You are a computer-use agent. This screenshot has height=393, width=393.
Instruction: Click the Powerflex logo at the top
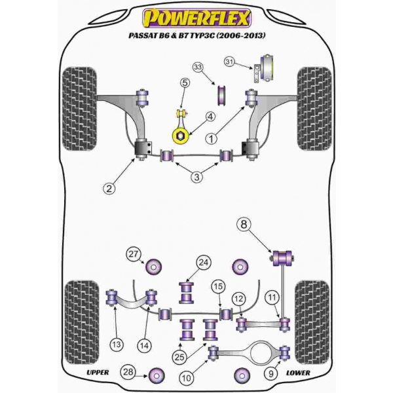pyautogui.click(x=196, y=18)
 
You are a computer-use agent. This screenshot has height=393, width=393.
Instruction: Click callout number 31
pyautogui.click(x=229, y=62)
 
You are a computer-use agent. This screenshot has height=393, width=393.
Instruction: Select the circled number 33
pyautogui.click(x=198, y=67)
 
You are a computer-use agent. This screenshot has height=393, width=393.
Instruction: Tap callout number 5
pyautogui.click(x=185, y=83)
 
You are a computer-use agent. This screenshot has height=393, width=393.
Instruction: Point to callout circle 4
pyautogui.click(x=210, y=117)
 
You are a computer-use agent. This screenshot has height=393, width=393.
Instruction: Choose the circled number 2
pyautogui.click(x=109, y=188)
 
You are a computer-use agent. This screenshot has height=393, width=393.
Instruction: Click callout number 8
pyautogui.click(x=244, y=224)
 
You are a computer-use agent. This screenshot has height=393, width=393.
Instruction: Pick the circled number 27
pyautogui.click(x=133, y=254)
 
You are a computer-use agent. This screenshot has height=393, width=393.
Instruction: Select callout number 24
pyautogui.click(x=203, y=263)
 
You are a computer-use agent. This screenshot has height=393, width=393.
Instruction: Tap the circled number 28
pyautogui.click(x=128, y=372)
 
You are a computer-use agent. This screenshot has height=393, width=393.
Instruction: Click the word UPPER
pyautogui.click(x=98, y=373)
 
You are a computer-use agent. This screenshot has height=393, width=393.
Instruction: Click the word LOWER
pyautogui.click(x=298, y=373)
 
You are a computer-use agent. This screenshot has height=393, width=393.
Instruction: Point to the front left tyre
pyautogui.click(x=79, y=109)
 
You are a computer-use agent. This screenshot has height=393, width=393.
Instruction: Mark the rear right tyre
pyautogui.click(x=312, y=322)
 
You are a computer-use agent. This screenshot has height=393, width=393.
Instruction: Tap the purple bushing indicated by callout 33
pyautogui.click(x=221, y=96)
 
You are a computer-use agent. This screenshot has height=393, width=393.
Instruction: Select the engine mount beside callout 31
pyautogui.click(x=264, y=69)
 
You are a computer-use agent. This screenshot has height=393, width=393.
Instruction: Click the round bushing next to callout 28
pyautogui.click(x=157, y=376)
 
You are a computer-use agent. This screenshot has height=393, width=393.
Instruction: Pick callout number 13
pyautogui.click(x=117, y=345)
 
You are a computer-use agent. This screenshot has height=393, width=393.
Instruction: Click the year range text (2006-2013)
pyautogui.click(x=240, y=35)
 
